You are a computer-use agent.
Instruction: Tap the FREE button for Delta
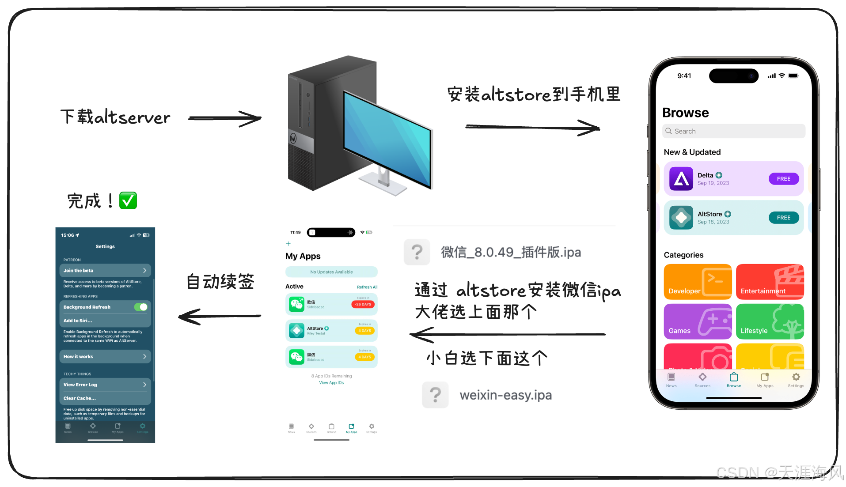pyautogui.click(x=783, y=179)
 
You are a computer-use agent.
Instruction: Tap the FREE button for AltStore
pyautogui.click(x=783, y=218)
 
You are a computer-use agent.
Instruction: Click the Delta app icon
pyautogui.click(x=681, y=179)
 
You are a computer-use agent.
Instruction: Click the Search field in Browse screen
pyautogui.click(x=733, y=131)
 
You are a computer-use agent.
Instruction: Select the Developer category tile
pyautogui.click(x=697, y=282)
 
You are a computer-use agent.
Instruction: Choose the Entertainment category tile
pyautogui.click(x=770, y=282)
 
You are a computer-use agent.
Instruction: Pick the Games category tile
pyautogui.click(x=697, y=321)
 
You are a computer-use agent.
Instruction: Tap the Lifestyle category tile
pyautogui.click(x=770, y=321)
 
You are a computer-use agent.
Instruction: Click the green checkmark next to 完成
pyautogui.click(x=128, y=200)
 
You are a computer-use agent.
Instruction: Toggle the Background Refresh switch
pyautogui.click(x=141, y=307)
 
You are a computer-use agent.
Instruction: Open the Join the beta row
pyautogui.click(x=105, y=270)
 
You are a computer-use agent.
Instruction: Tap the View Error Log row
pyautogui.click(x=105, y=385)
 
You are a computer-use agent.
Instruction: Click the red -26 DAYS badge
pyautogui.click(x=363, y=304)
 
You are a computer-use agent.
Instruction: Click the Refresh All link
pyautogui.click(x=367, y=287)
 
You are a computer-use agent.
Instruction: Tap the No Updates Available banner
pyautogui.click(x=331, y=272)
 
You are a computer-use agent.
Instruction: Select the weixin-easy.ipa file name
pyautogui.click(x=505, y=395)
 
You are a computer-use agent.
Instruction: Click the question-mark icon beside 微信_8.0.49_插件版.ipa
pyautogui.click(x=417, y=252)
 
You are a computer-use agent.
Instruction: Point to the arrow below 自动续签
pyautogui.click(x=220, y=317)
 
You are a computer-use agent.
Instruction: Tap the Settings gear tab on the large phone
pyautogui.click(x=796, y=379)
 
